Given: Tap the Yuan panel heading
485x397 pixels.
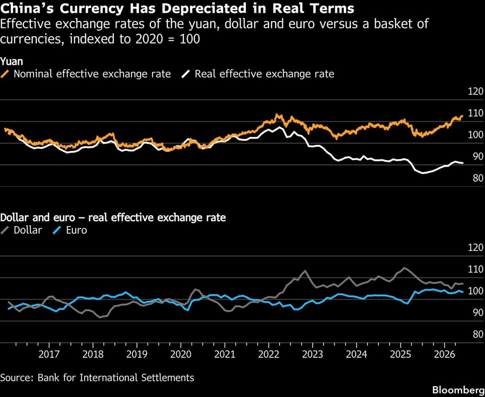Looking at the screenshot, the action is (12, 62).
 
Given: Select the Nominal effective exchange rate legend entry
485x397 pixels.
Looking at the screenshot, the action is (86, 74).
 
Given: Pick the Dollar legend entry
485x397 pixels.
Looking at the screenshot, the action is (21, 230).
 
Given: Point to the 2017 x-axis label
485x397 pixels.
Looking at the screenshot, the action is (49, 354).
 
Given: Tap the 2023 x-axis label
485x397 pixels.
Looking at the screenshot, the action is (313, 354).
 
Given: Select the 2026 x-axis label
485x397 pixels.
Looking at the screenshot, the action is (444, 354).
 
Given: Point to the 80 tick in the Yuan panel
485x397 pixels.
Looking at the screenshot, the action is (477, 178).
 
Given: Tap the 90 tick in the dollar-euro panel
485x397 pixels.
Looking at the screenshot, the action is (477, 313).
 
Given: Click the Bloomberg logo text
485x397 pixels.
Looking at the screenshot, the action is (458, 389).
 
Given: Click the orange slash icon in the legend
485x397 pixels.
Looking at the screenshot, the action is (5, 74).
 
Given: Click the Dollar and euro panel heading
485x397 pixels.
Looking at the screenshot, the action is (113, 218).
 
